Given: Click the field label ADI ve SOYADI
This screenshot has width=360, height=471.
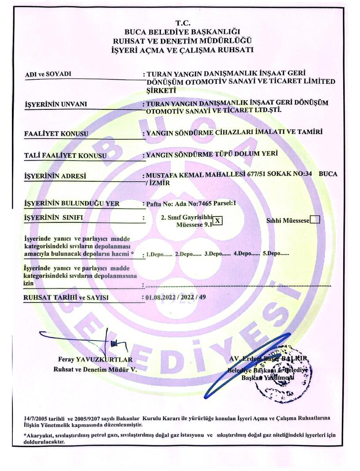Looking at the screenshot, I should click(x=48, y=74).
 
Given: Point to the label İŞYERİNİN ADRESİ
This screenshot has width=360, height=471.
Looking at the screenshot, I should click(x=55, y=177).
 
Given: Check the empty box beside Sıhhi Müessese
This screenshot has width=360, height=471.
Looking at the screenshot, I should click(x=315, y=220).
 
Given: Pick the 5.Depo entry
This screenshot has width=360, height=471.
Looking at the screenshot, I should click(x=276, y=254).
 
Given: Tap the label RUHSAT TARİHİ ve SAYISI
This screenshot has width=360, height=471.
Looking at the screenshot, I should click(x=66, y=297).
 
